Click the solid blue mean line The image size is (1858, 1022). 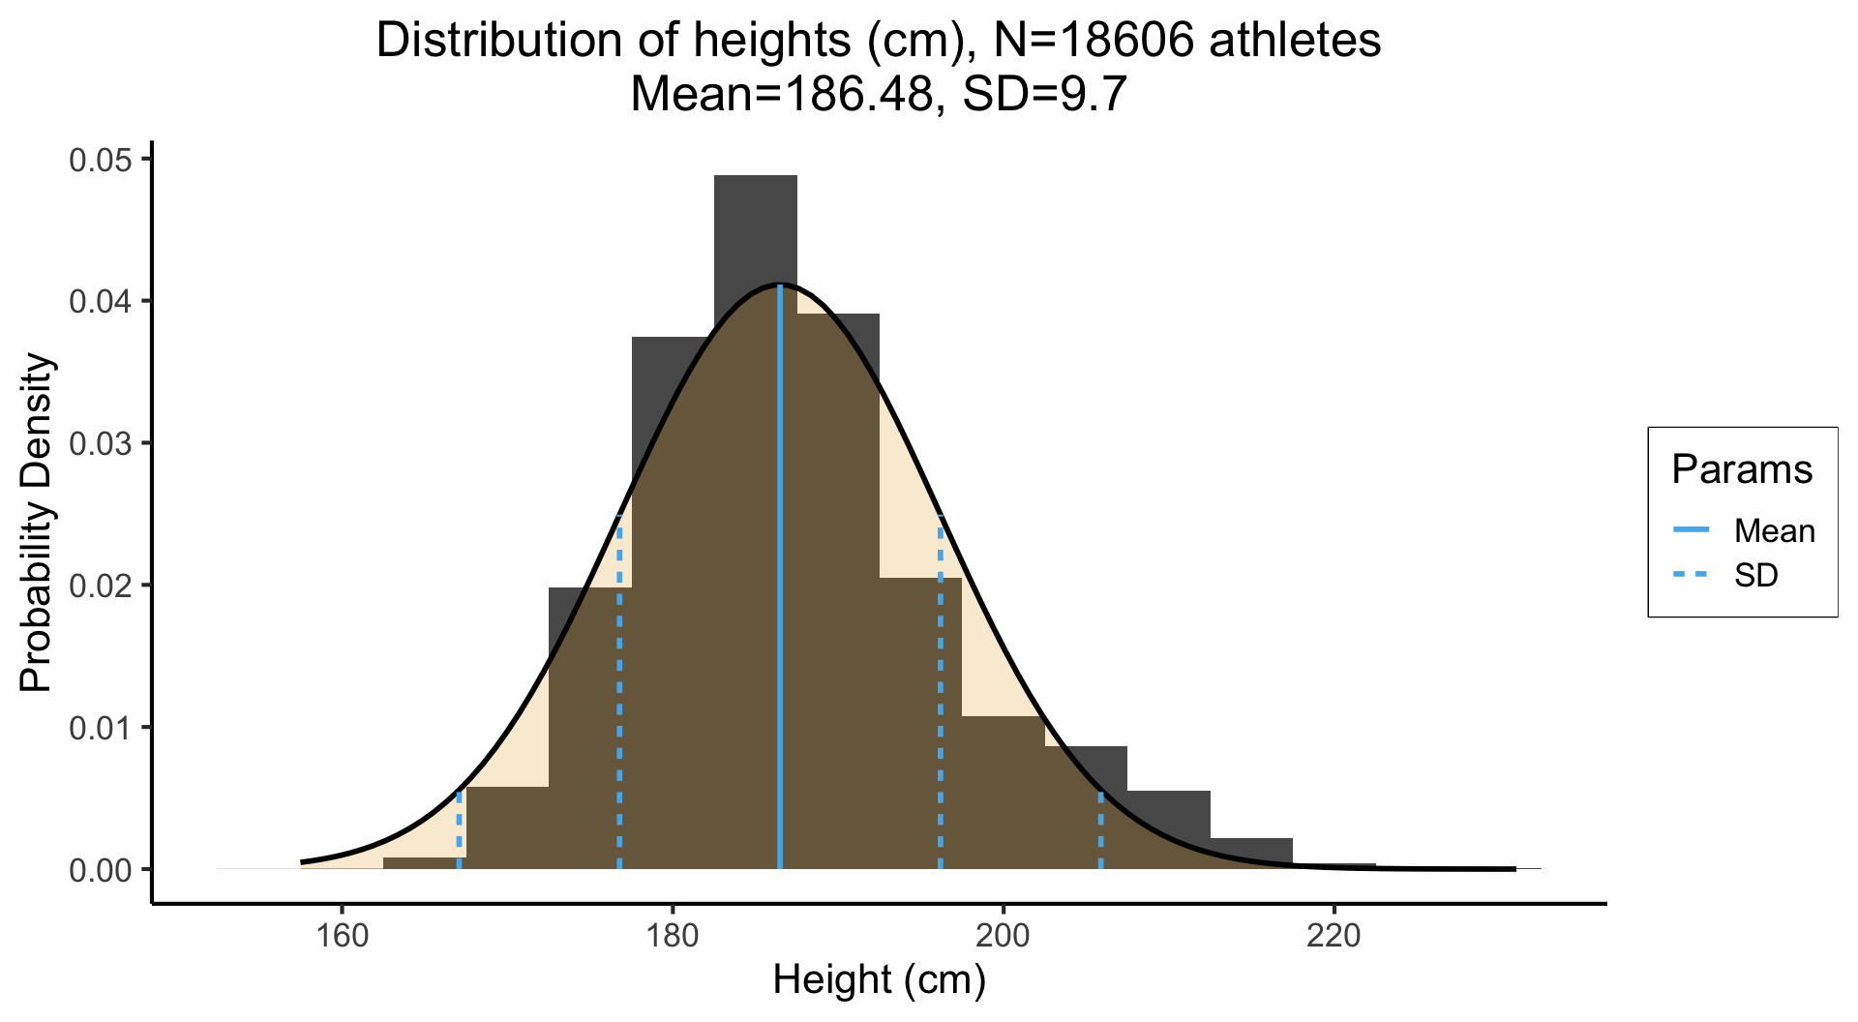tap(780, 581)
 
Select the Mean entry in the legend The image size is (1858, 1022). tap(1774, 530)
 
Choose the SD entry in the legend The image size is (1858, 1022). tap(1755, 576)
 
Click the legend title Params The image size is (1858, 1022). tap(1742, 469)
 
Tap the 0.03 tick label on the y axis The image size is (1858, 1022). tap(100, 443)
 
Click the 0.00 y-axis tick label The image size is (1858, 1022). tap(100, 870)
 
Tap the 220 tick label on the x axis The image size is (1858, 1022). tap(1334, 936)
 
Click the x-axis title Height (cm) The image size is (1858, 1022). tap(879, 979)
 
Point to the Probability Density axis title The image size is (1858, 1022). tap(37, 523)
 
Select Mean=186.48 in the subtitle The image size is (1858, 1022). tap(781, 94)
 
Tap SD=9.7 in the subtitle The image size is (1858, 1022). tap(1045, 94)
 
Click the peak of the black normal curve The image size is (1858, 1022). tap(780, 285)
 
